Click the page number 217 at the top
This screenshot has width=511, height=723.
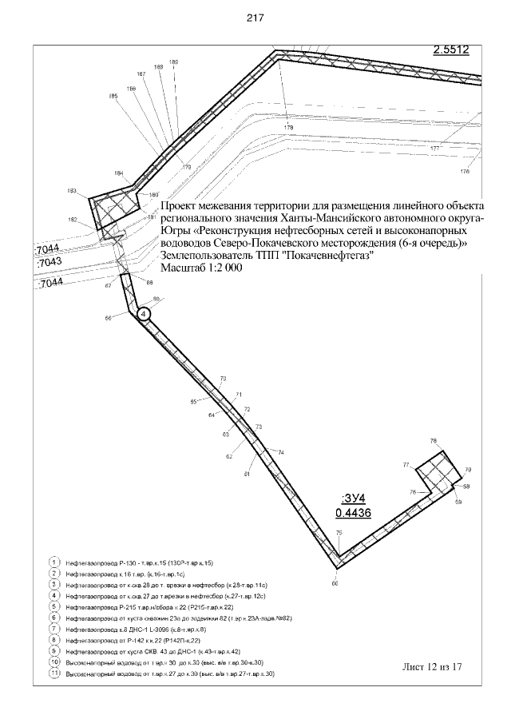pyautogui.click(x=255, y=17)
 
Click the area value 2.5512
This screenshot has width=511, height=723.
pyautogui.click(x=450, y=50)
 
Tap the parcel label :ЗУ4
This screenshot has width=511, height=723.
pyautogui.click(x=352, y=498)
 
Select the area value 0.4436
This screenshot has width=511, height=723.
pyautogui.click(x=352, y=513)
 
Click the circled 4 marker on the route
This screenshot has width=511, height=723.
pyautogui.click(x=143, y=315)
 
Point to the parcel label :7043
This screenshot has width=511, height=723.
pyautogui.click(x=50, y=261)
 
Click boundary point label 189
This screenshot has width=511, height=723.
pyautogui.click(x=174, y=62)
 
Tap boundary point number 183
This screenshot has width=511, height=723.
pyautogui.click(x=72, y=191)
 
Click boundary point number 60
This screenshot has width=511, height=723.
pyautogui.click(x=335, y=584)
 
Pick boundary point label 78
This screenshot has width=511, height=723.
pyautogui.click(x=434, y=441)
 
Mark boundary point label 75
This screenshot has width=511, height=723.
pyautogui.click(x=339, y=533)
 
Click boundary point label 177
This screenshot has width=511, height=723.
pyautogui.click(x=434, y=149)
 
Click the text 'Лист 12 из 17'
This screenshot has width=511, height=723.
pyautogui.click(x=434, y=665)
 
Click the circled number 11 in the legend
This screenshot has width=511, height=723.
pyautogui.click(x=54, y=674)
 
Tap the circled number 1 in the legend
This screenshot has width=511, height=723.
pyautogui.click(x=54, y=562)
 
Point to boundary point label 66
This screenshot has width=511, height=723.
pyautogui.click(x=108, y=318)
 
